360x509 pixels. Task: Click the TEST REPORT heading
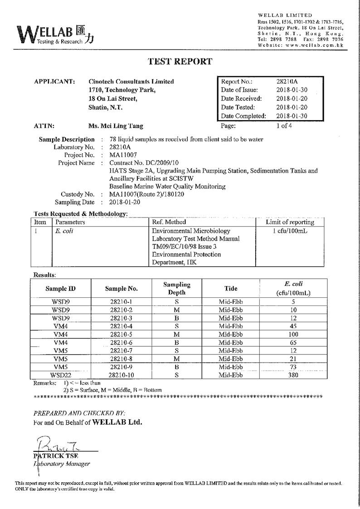coord(180,62)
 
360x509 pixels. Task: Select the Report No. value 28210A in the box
coord(287,82)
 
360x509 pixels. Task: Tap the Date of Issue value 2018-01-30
coord(292,90)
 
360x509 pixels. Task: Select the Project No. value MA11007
coord(123,155)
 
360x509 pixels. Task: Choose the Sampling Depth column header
coord(177,288)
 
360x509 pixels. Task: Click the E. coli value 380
coord(293,375)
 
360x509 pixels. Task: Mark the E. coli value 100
coord(293,334)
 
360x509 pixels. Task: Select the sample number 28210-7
coord(121,350)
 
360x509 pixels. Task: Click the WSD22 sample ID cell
coord(60,375)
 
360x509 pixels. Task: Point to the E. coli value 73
coord(293,367)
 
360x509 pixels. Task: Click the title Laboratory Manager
coord(62,464)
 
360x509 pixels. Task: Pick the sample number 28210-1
coord(121,301)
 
